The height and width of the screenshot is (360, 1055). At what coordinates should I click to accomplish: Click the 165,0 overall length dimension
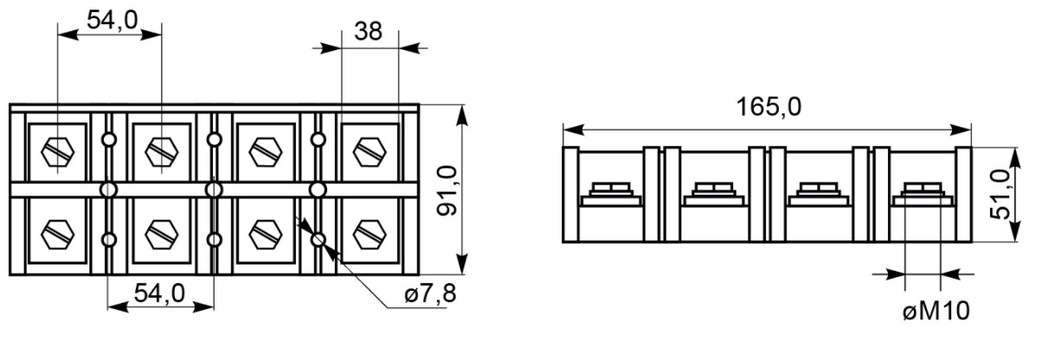pos(769,107)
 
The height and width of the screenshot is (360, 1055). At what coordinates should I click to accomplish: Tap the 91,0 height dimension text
pos(447,190)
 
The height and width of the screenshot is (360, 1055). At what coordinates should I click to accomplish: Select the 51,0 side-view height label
pos(1000,194)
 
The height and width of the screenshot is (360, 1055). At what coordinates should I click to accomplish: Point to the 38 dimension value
pos(369,31)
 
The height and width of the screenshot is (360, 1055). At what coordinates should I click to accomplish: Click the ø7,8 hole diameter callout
pos(430,294)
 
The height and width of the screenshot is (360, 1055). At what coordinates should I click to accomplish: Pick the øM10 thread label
pos(936,312)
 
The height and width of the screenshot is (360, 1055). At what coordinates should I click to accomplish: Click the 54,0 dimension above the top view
pos(113,20)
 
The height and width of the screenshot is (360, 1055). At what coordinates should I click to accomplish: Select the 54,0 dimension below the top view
pos(159,293)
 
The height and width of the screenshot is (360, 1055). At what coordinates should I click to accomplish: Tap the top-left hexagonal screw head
pos(57,152)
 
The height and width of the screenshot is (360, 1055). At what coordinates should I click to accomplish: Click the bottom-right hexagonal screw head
pos(370,235)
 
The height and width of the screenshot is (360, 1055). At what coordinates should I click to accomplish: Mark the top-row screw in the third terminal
pos(266,152)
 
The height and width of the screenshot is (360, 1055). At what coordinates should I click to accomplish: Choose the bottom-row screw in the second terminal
pos(162,235)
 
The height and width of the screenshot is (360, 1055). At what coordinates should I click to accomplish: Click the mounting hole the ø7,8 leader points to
pos(318,240)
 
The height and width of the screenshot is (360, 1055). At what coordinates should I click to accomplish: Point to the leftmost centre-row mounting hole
pos(109,190)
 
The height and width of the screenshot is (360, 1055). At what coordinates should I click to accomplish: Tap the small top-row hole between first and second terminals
pos(109,140)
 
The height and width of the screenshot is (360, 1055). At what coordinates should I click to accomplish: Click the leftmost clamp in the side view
pos(611,195)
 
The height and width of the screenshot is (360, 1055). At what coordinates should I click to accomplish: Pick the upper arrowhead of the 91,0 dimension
pos(462,116)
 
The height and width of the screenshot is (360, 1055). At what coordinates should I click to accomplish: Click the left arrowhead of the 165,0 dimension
pos(574,130)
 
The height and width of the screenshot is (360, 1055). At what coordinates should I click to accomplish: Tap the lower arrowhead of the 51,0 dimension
pos(1015,230)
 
